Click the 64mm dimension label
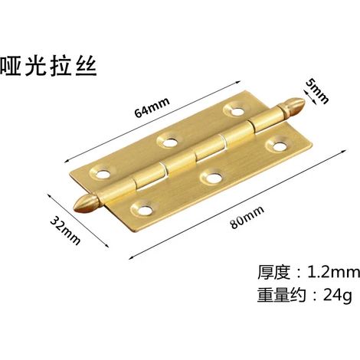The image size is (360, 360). pos(152,107)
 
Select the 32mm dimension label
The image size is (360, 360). pos(65,230)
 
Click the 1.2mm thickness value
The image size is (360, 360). pos(333,272)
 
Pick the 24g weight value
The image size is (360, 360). pos(338,296)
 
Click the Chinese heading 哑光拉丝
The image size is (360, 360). pos(48,66)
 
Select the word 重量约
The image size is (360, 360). pos(281,296)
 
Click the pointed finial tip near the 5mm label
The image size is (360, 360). pos(304,102)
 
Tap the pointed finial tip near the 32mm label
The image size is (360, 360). pos(74,208)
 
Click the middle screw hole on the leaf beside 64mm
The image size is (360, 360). pos(169,142)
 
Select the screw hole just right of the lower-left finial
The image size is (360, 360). pos(144,210)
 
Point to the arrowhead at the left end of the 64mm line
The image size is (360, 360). pos(67,160)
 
